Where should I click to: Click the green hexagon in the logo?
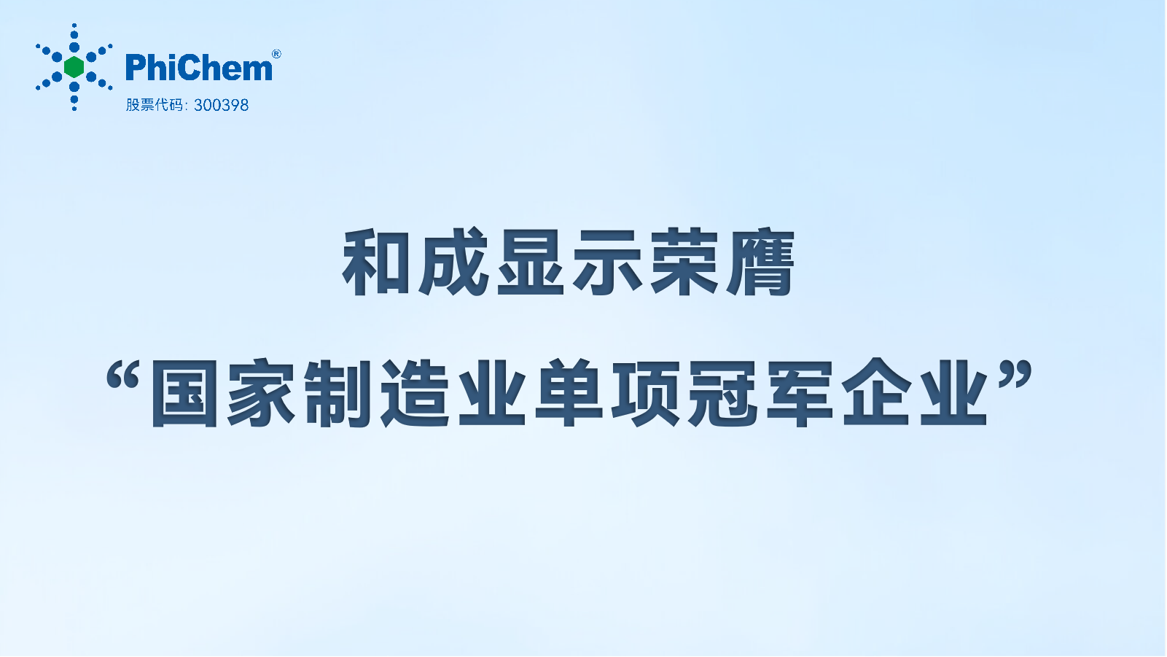(74, 67)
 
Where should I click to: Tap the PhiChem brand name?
(199, 68)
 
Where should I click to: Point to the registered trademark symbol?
(277, 54)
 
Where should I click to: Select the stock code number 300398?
(222, 105)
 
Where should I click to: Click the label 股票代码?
(155, 105)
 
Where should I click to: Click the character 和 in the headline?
(376, 262)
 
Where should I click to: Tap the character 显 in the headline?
(531, 262)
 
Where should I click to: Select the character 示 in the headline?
(607, 262)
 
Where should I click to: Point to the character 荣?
(684, 262)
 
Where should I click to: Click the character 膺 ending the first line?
(761, 262)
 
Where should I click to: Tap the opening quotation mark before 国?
(123, 376)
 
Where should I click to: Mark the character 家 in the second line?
(261, 393)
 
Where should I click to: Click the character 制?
(338, 393)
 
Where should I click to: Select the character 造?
(415, 393)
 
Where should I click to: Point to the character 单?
(569, 393)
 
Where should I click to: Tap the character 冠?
(723, 393)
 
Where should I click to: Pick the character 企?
(877, 393)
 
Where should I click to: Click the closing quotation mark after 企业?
(1015, 376)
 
